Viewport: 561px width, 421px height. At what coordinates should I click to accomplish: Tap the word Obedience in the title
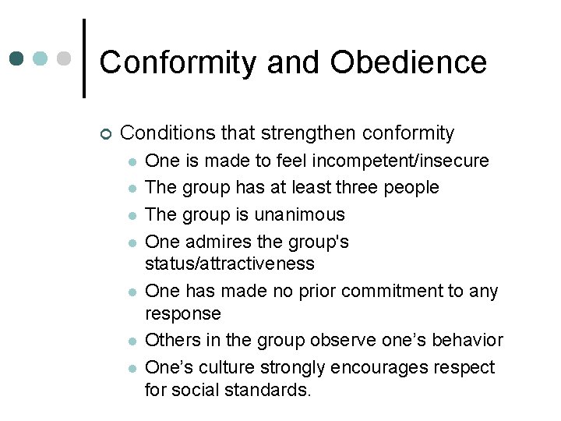(x=408, y=62)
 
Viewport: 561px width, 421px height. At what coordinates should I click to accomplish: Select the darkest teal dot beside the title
(x=18, y=58)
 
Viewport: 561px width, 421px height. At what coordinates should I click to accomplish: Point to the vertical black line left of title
(x=83, y=58)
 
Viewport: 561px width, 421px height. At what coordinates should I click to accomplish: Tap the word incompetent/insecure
(x=400, y=161)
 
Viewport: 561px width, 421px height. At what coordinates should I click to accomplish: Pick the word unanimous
(x=299, y=214)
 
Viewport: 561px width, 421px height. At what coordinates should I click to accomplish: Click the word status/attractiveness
(x=230, y=264)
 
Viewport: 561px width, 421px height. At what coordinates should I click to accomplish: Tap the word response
(x=183, y=313)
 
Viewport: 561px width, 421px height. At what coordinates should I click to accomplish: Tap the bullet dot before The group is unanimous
(x=132, y=215)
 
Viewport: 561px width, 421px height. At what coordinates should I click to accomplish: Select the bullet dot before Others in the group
(x=132, y=341)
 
